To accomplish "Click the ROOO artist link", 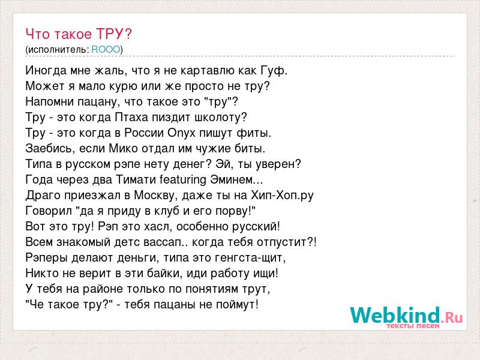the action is coord(106,49).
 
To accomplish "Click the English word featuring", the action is coord(183,180).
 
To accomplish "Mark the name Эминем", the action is coord(232,179).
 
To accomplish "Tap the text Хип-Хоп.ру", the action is coord(282,196).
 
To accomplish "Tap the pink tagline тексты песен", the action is coord(413,326).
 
